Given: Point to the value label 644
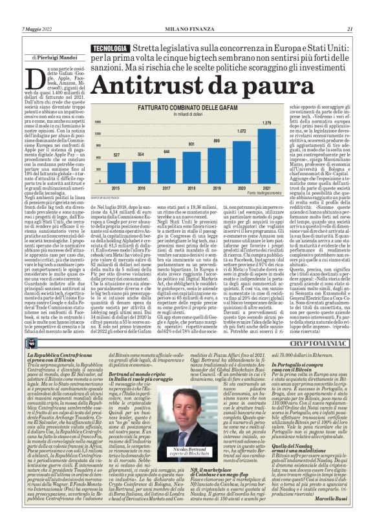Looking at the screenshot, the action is [167, 152].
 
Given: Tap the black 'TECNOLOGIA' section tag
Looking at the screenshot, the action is [109, 49].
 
